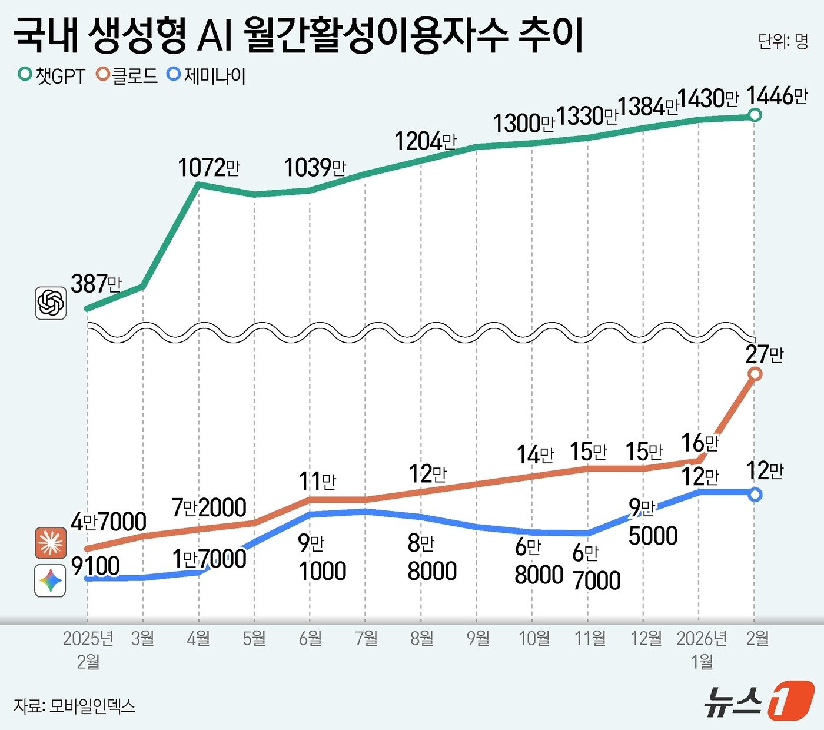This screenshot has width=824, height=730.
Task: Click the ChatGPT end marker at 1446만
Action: (755, 115)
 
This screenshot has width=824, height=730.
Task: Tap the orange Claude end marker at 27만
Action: (755, 374)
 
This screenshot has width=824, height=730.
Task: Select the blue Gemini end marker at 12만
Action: (755, 495)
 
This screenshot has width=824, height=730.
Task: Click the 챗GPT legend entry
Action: (52, 76)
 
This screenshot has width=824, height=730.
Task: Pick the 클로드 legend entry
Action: (128, 76)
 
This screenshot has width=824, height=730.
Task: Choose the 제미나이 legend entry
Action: (207, 76)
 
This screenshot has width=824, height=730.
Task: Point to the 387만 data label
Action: (96, 284)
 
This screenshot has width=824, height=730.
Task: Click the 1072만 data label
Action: (209, 168)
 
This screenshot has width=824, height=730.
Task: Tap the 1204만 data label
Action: (425, 142)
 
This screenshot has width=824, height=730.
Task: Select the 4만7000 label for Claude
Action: (108, 522)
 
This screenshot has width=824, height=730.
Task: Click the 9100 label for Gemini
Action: (95, 566)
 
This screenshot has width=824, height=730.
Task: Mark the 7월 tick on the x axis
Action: (366, 638)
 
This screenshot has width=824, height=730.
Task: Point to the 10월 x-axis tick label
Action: (533, 638)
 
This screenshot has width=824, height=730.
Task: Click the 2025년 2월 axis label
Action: (88, 649)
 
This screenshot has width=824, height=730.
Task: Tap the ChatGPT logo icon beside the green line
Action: (51, 303)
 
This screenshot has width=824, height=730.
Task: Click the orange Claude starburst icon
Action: (51, 543)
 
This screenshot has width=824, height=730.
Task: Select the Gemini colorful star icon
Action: (51, 581)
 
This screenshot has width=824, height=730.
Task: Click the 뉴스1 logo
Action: (759, 701)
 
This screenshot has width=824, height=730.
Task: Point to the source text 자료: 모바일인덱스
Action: (74, 705)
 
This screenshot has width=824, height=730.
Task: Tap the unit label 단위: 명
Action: (783, 41)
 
